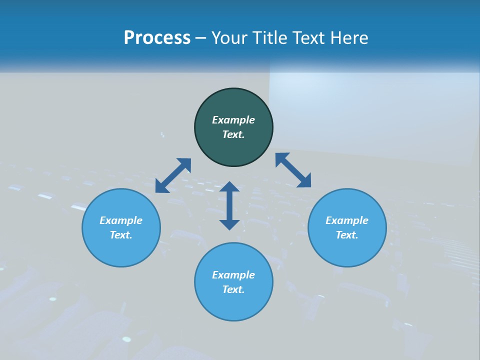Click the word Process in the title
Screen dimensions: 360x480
[157, 38]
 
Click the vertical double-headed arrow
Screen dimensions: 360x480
[229, 205]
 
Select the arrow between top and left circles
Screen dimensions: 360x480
[173, 175]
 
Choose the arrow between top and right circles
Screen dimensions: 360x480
[293, 170]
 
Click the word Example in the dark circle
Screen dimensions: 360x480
[233, 120]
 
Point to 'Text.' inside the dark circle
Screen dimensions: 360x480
[233, 134]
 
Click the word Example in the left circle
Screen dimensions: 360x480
[121, 220]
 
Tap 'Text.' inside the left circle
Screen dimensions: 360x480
[121, 235]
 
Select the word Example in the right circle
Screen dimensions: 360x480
[347, 220]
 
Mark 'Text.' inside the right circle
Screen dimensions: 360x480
[347, 235]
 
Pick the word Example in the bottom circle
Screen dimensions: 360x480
[233, 275]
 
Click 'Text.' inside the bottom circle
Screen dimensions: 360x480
[233, 289]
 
